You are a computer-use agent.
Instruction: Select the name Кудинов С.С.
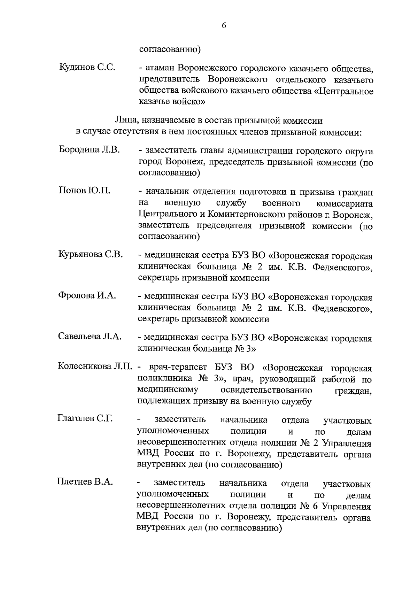(87, 67)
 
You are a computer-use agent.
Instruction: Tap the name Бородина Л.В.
(90, 149)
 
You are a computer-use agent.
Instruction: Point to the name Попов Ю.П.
(85, 190)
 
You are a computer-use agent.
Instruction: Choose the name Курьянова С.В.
(91, 254)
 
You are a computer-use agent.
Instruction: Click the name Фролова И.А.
(87, 295)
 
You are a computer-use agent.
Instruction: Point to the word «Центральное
(343, 91)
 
